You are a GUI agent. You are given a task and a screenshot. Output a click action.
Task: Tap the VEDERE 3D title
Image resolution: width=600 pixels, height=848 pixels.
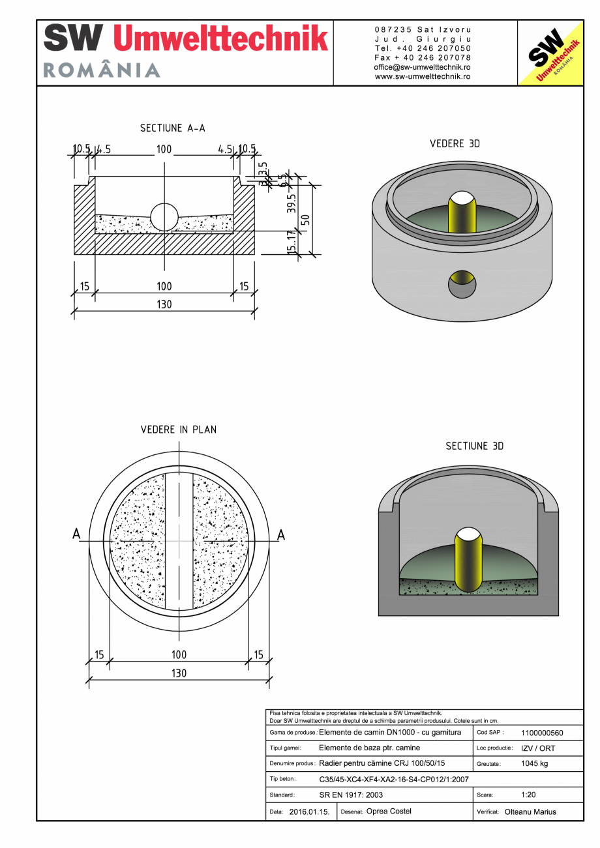pos(455,143)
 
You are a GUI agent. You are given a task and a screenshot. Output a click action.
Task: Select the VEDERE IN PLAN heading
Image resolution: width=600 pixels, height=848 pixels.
pos(179,430)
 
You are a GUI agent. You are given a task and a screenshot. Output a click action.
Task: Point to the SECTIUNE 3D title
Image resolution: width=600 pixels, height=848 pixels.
pos(474,446)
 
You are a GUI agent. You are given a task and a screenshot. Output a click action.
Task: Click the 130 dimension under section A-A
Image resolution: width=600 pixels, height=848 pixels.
pos(164,304)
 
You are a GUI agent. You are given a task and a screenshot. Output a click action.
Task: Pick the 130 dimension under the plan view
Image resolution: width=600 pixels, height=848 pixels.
pos(179,673)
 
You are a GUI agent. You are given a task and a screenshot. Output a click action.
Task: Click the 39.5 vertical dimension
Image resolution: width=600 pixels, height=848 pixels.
pos(292,203)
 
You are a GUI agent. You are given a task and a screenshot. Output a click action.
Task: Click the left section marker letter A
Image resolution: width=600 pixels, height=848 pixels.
pos(76,534)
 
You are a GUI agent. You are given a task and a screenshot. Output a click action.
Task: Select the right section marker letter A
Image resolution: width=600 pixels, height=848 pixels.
pos(281,534)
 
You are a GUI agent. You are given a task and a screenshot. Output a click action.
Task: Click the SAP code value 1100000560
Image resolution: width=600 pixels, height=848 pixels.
pos(542,733)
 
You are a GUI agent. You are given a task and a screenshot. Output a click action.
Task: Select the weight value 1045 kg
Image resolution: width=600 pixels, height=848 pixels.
pos(535,763)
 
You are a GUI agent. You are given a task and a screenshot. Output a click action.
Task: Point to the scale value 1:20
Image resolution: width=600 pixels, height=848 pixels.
pos(528,795)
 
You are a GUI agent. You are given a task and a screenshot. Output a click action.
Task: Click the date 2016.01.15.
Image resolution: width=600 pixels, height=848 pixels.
pos(309,811)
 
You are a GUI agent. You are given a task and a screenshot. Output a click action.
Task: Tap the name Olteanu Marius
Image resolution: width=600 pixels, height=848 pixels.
pos(531,811)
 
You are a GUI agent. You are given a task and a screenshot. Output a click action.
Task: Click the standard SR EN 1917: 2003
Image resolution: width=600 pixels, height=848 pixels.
pos(351,795)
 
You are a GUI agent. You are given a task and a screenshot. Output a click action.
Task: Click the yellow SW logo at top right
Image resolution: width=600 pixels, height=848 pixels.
pos(550,53)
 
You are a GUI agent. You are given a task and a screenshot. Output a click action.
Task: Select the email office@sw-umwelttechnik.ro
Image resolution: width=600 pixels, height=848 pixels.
pos(423,67)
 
